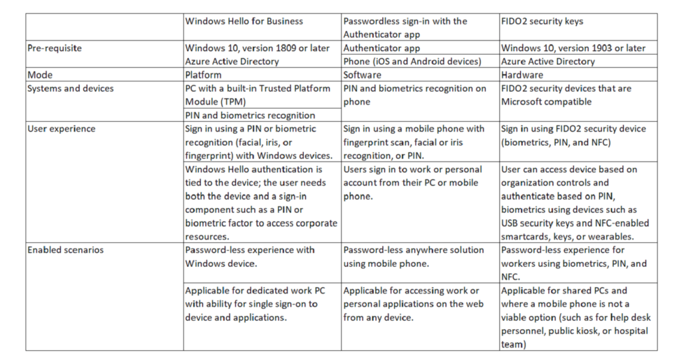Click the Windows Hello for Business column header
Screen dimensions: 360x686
pos(244,21)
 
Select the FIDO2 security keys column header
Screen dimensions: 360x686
pos(533,21)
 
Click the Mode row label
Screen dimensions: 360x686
pos(40,74)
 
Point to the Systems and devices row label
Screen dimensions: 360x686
pos(70,88)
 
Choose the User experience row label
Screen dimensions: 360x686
pos(61,129)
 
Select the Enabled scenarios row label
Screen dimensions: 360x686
pos(66,249)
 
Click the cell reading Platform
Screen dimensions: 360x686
pos(204,74)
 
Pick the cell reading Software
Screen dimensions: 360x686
pos(362,74)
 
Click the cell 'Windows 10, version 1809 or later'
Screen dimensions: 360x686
pos(255,48)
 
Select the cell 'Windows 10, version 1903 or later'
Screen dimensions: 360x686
pos(573,48)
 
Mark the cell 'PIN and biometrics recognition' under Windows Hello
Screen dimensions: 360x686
pos(250,115)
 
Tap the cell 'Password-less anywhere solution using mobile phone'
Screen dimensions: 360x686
pos(413,256)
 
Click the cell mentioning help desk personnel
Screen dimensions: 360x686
pos(574,317)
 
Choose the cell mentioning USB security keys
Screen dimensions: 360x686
pos(575,202)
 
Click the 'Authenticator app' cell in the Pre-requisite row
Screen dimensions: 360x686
pos(381,48)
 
